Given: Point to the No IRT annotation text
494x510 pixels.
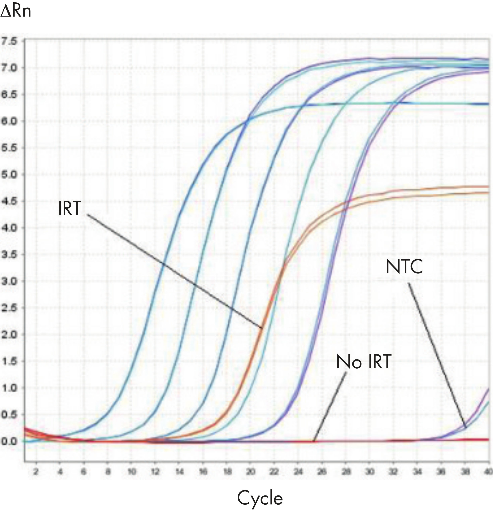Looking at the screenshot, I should pyautogui.click(x=364, y=362).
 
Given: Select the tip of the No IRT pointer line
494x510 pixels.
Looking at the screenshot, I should pyautogui.click(x=314, y=441).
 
